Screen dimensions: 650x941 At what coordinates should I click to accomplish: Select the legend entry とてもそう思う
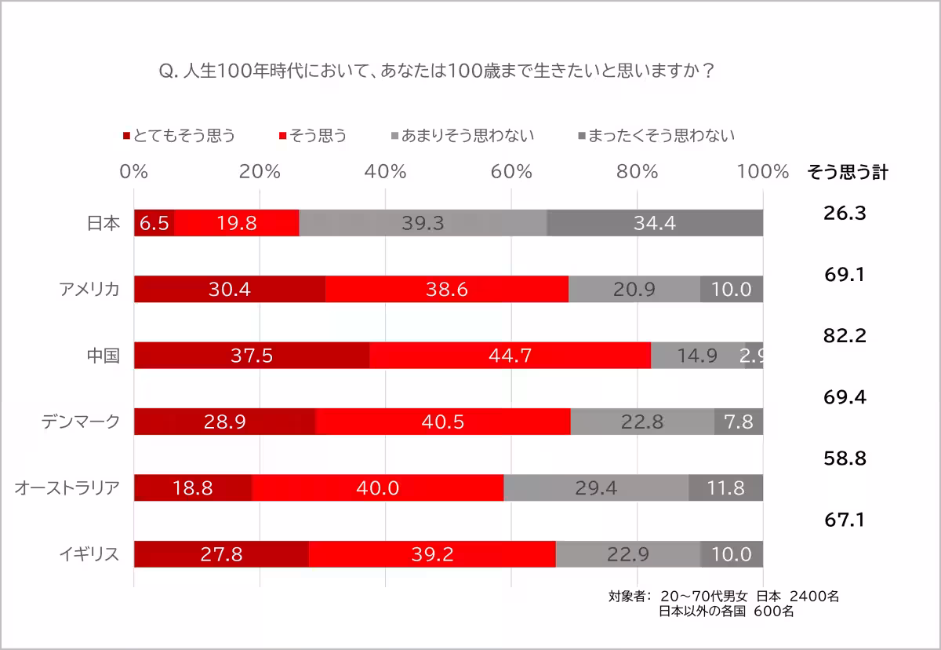click(180, 135)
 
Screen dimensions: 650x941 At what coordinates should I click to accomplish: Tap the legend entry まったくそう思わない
click(656, 135)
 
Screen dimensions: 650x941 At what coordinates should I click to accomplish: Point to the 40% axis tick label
click(386, 172)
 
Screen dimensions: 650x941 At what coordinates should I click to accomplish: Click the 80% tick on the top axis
click(637, 172)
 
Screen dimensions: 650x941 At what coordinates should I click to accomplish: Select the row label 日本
click(103, 224)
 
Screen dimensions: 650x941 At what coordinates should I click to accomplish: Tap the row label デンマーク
click(81, 422)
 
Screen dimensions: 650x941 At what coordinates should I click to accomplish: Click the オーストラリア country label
click(67, 488)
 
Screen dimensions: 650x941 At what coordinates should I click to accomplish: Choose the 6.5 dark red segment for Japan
click(154, 224)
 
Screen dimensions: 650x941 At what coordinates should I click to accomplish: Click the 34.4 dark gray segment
click(655, 224)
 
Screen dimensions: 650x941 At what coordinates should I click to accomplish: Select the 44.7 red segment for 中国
click(510, 356)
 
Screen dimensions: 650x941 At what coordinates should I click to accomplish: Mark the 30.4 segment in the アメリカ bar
click(229, 290)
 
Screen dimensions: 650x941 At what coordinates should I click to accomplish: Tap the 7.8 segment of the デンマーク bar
click(739, 422)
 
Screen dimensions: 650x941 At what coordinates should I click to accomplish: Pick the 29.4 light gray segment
click(596, 488)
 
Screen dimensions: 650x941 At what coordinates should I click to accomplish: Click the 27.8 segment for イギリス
click(221, 554)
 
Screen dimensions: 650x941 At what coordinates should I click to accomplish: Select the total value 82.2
click(845, 336)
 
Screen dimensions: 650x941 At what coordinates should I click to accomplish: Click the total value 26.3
click(845, 213)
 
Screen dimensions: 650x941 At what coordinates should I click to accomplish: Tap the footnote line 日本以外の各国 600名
click(726, 611)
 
